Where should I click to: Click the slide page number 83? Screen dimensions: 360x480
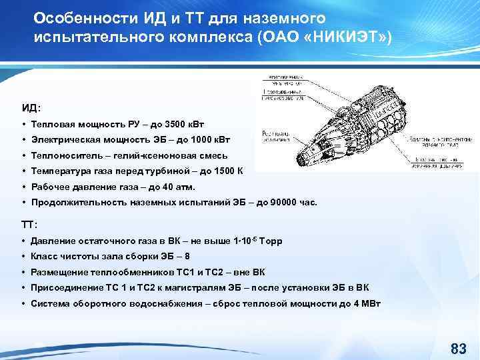click(x=458, y=348)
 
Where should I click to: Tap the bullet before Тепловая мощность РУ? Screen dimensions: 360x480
click(x=23, y=125)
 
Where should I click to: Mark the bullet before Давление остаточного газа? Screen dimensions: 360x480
click(x=23, y=241)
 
